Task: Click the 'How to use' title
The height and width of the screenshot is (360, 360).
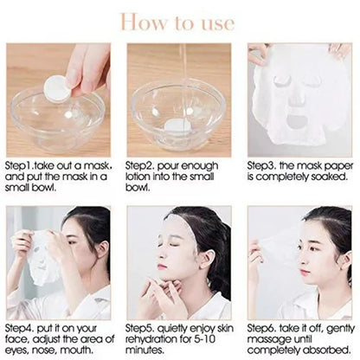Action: click(x=179, y=20)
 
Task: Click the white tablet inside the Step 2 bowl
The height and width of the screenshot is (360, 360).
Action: click(x=180, y=126)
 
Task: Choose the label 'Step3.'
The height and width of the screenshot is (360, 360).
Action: click(x=262, y=163)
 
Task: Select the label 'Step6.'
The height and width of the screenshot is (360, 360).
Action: click(x=262, y=328)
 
